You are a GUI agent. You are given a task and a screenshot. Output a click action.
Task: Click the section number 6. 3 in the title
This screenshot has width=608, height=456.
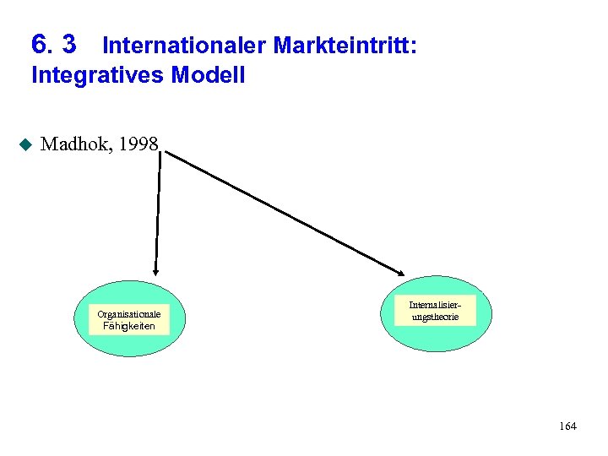(53, 43)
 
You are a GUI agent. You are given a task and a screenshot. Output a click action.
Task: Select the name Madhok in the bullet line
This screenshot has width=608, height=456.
(76, 144)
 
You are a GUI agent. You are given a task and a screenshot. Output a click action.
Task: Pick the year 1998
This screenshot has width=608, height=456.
(138, 144)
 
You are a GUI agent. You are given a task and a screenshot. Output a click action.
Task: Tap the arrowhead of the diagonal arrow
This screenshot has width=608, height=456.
(402, 271)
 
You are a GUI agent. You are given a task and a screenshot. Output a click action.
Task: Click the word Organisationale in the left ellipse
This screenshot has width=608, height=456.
(129, 314)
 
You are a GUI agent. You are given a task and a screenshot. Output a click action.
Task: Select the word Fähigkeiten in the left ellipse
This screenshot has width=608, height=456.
(129, 326)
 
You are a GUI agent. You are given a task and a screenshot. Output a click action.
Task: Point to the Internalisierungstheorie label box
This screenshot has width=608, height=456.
(435, 310)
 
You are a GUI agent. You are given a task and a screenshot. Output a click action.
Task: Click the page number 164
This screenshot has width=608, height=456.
(567, 426)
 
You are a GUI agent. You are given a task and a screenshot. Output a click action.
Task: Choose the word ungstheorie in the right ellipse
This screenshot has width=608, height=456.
(435, 317)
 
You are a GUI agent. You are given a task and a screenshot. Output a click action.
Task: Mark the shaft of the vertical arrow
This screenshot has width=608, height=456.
(158, 211)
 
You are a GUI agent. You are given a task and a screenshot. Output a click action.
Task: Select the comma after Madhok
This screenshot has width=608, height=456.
(113, 150)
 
